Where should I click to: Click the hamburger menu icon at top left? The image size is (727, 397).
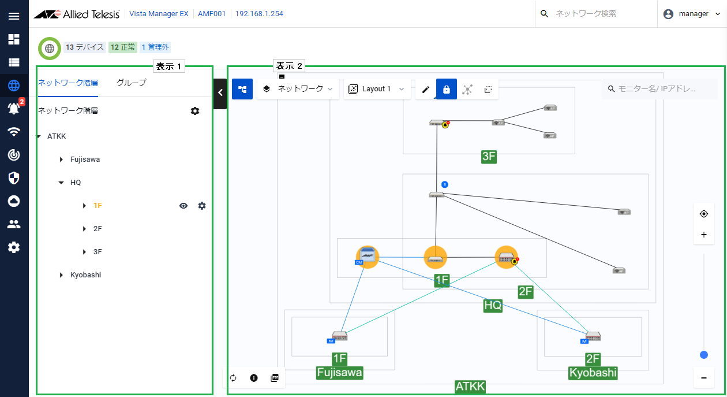14,16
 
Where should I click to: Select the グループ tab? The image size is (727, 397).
131,83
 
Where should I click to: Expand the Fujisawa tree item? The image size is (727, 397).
62,159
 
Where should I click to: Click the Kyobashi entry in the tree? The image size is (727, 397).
85,275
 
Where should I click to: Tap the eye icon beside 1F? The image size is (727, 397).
183,206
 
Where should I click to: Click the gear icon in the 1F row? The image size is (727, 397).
202,206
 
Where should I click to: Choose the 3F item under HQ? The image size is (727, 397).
98,252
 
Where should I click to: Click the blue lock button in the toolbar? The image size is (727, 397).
446,89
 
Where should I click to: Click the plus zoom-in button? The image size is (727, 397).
703,235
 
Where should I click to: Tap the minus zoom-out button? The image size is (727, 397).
703,378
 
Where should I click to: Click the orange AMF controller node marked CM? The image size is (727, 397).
367,257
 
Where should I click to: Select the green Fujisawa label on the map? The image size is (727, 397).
339,372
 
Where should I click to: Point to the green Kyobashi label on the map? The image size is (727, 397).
593,372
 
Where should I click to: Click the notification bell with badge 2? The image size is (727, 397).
14,108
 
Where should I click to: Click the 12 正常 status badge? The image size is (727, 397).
122,47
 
